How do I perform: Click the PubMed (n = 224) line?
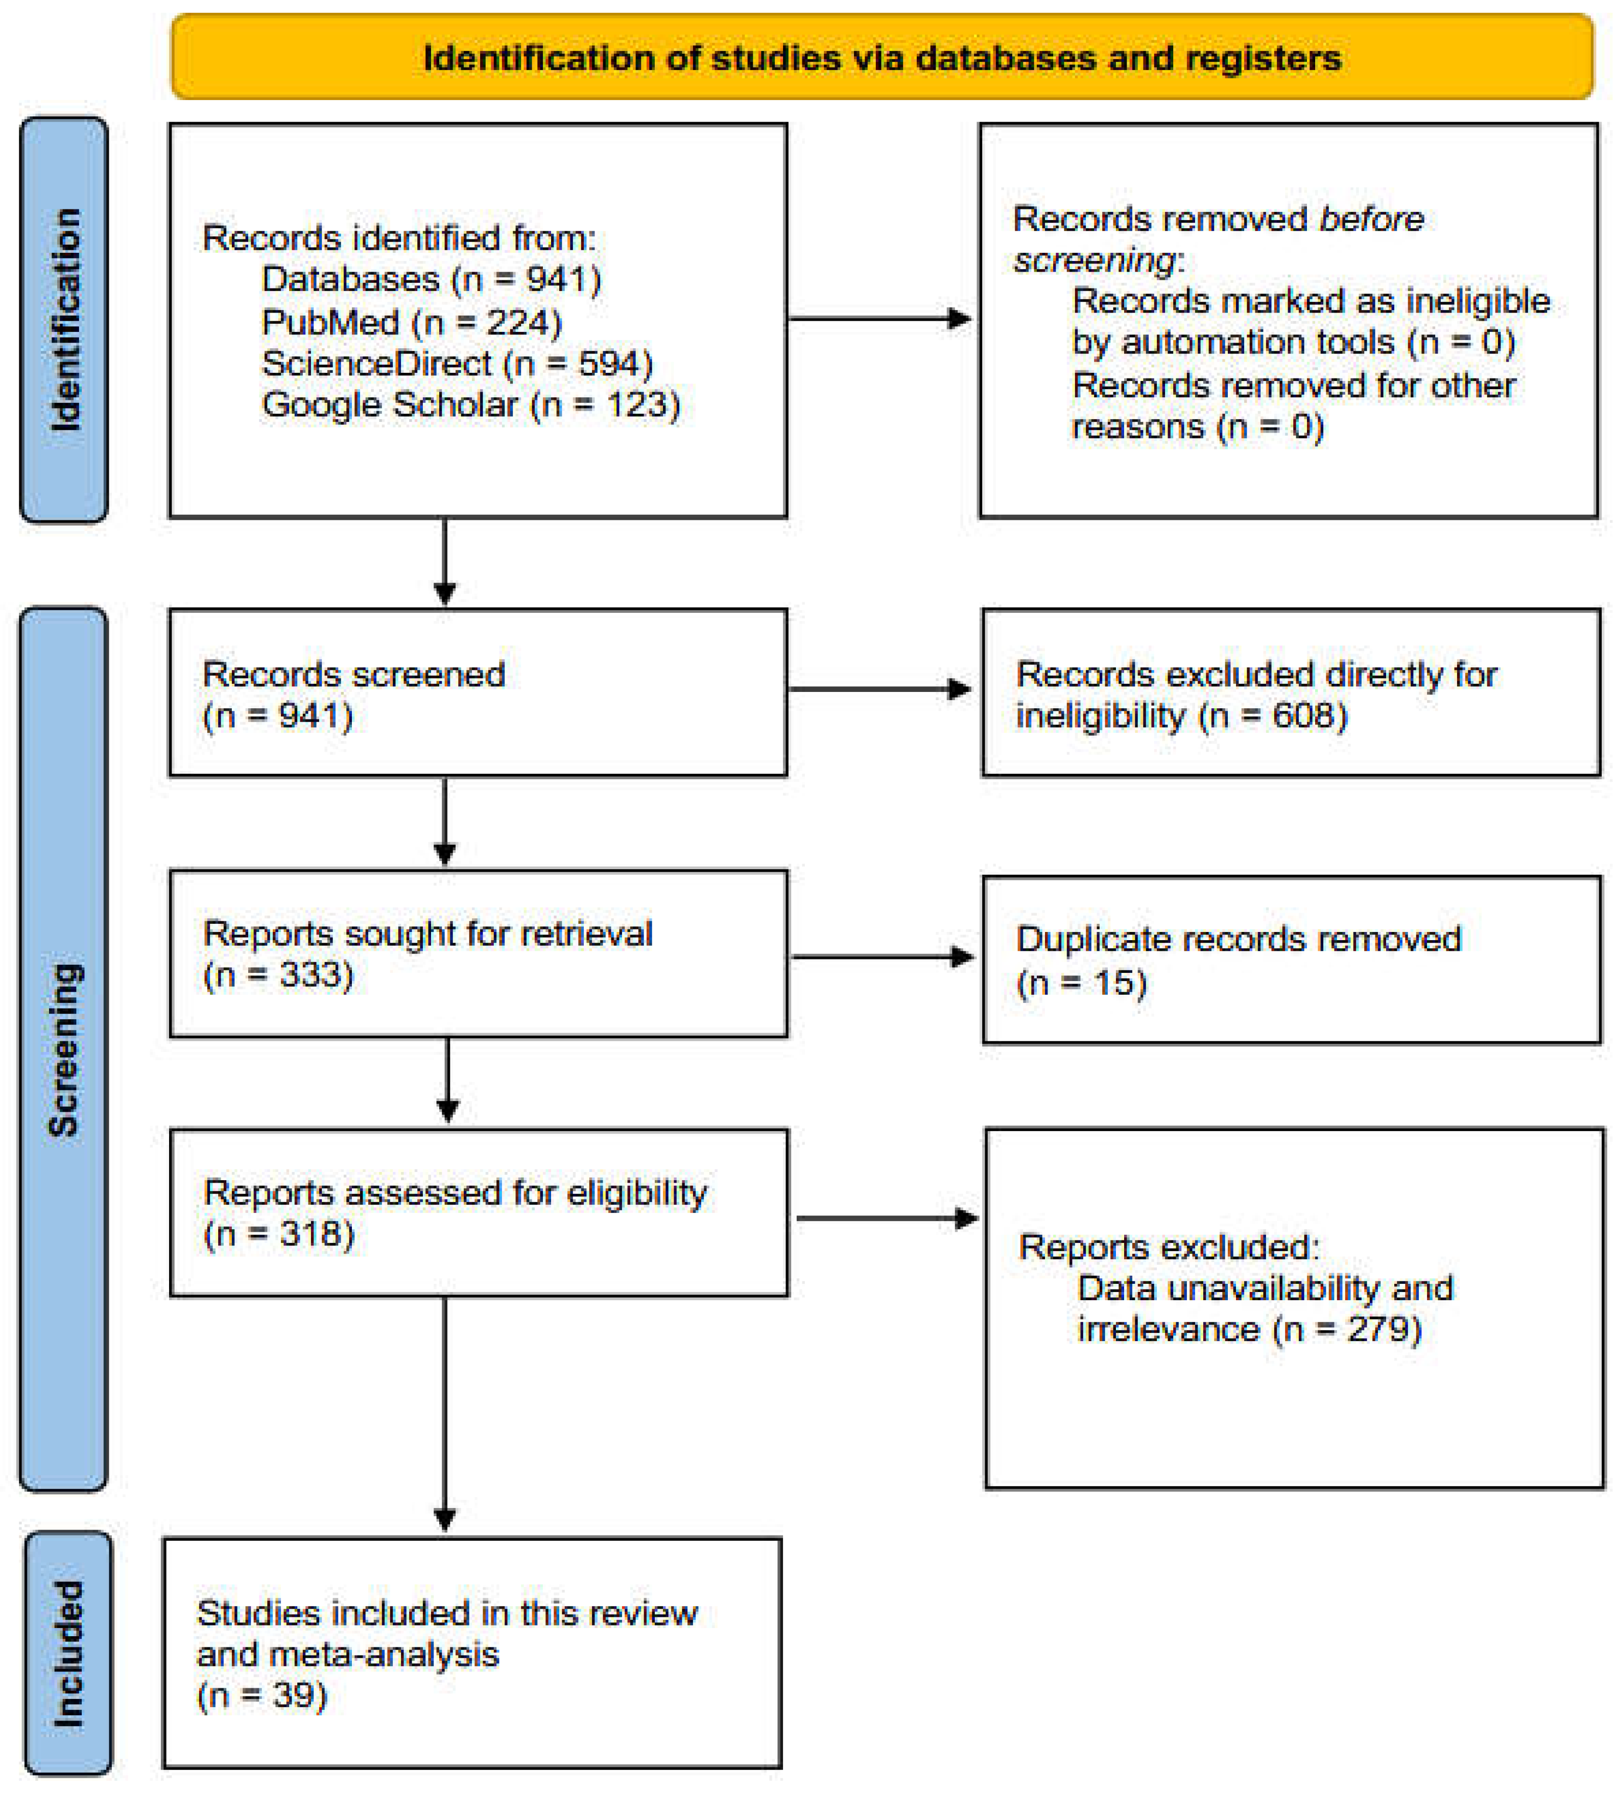point(412,322)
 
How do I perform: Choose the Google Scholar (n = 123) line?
point(470,404)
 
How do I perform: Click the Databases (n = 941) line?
point(431,280)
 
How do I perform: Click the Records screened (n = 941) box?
point(478,692)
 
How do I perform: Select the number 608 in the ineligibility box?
point(1304,715)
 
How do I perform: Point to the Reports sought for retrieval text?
point(427,934)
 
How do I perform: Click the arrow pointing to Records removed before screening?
point(880,318)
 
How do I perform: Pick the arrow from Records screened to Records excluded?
point(880,689)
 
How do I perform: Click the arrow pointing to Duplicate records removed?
point(882,956)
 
